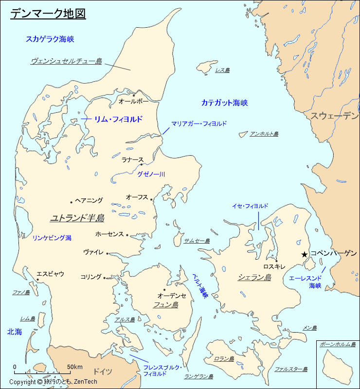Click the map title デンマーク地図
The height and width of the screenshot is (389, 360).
48,14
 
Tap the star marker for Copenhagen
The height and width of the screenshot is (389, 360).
305,254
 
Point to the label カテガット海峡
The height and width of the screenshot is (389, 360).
224,103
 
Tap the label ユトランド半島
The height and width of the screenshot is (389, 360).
77,218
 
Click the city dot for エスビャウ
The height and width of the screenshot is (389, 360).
37,280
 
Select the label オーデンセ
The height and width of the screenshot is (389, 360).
172,295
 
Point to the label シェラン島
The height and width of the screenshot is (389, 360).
254,277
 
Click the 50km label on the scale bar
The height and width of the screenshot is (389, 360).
74,367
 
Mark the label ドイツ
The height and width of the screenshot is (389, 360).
102,371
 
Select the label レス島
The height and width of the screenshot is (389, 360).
222,71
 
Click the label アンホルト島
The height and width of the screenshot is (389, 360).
264,134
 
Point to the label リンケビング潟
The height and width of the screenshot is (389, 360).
52,238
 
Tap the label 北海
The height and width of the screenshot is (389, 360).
15,332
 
